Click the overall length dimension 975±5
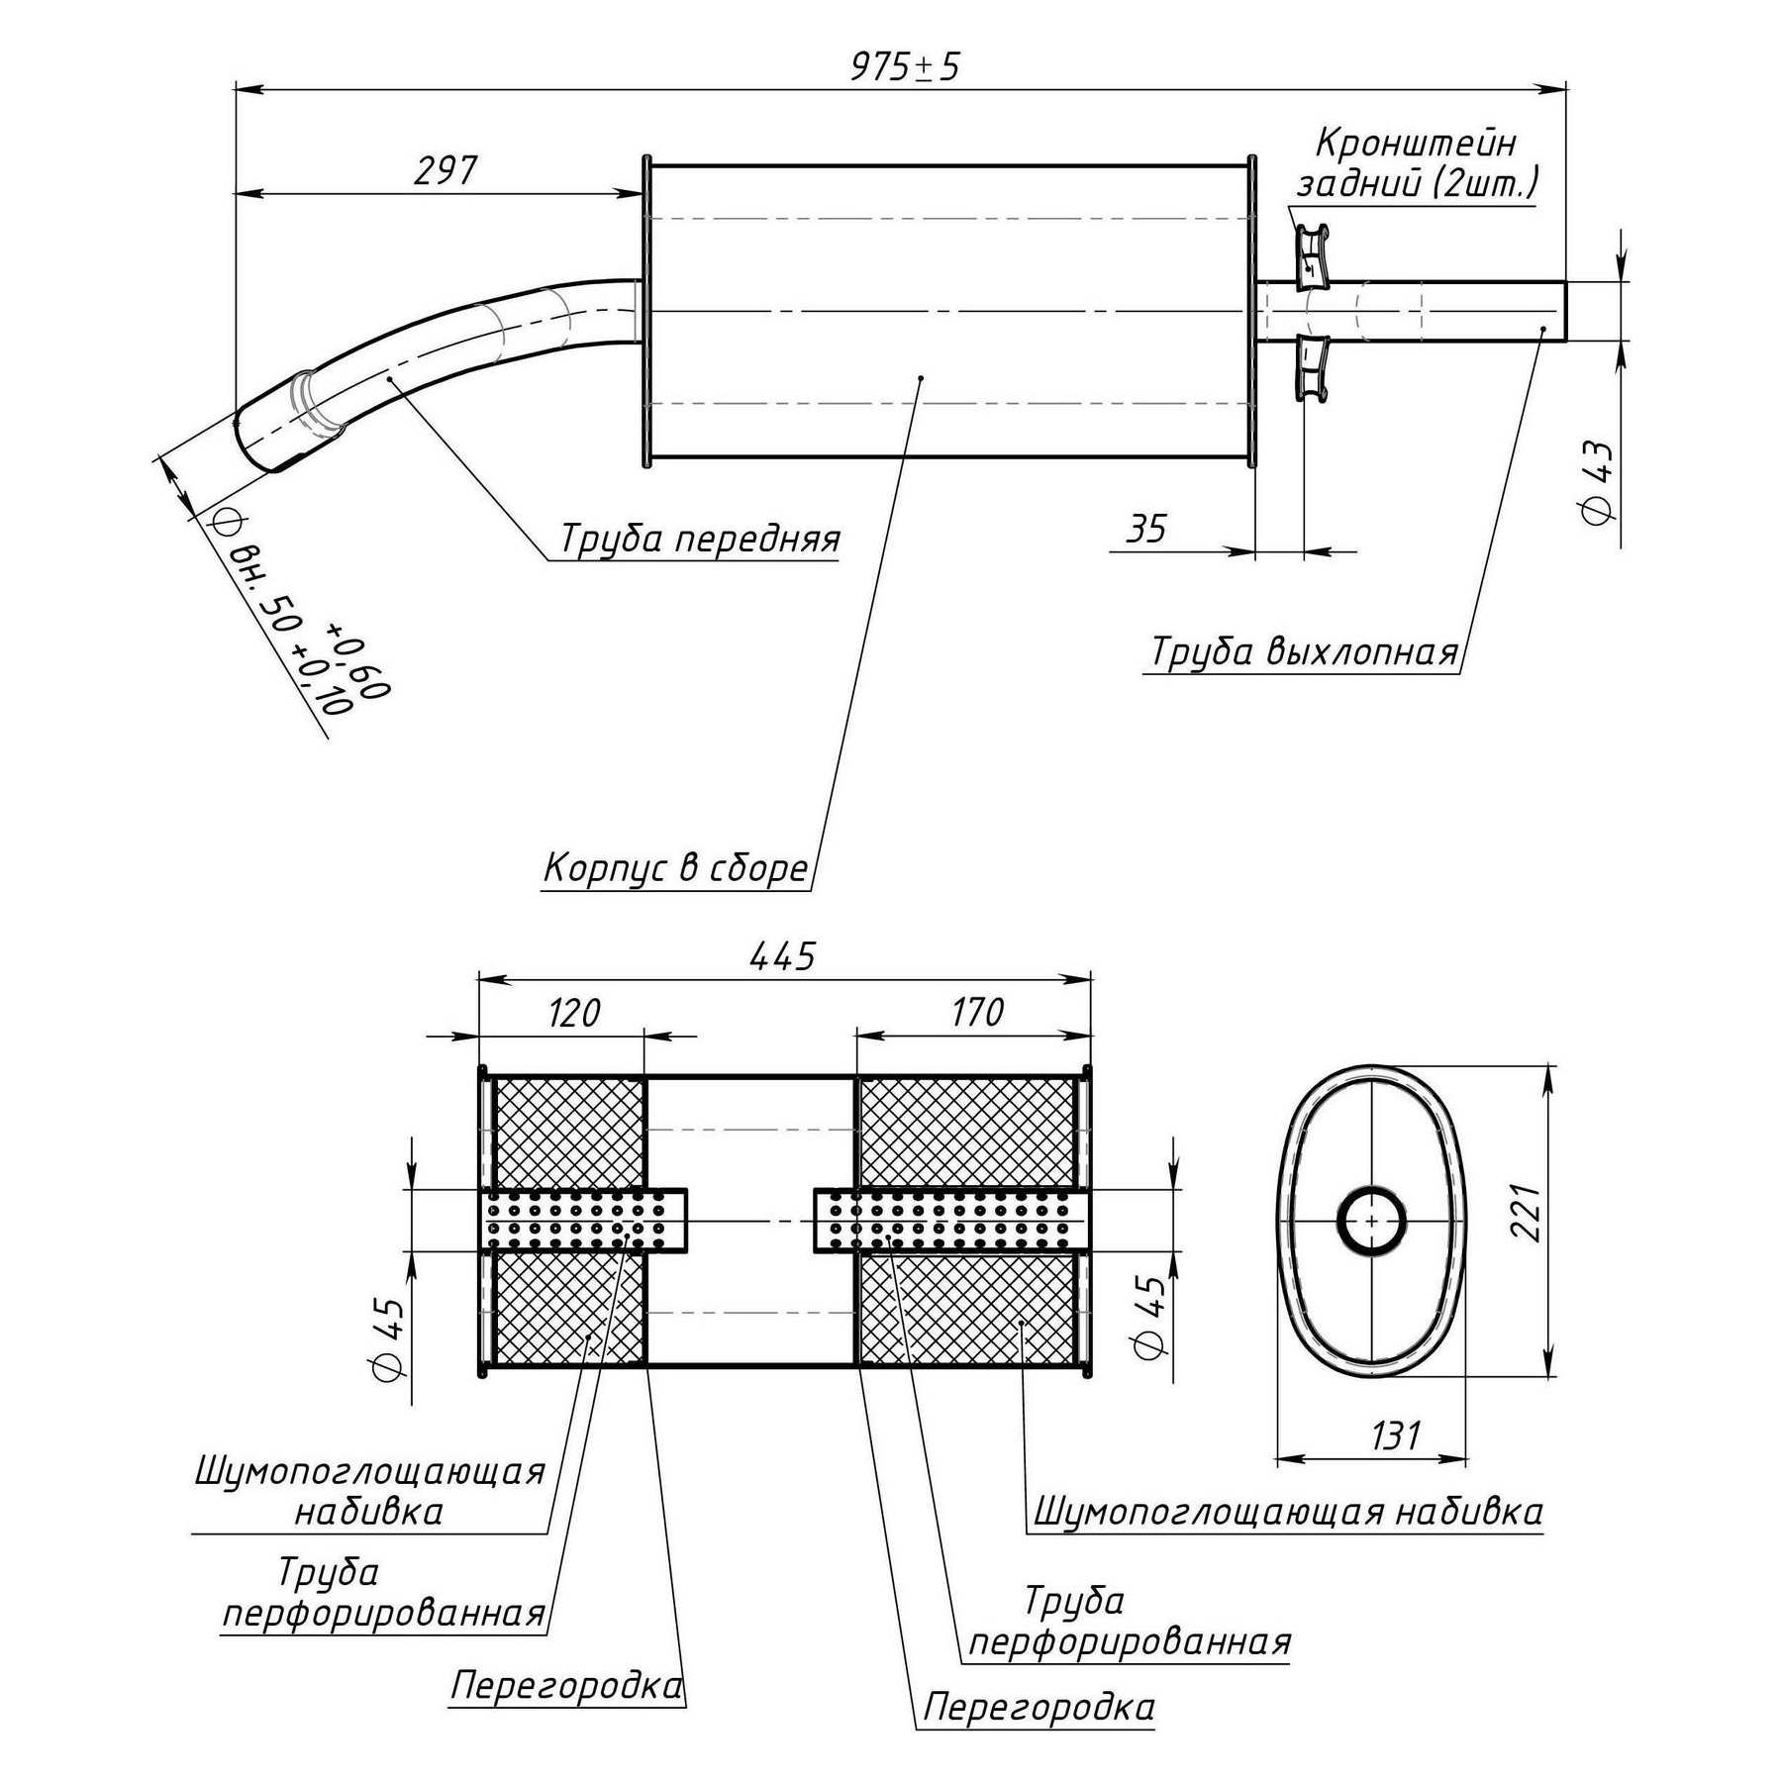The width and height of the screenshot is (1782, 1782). pos(905,67)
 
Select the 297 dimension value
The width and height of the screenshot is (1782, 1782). pos(445,171)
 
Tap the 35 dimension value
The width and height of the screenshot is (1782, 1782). pos(1146,530)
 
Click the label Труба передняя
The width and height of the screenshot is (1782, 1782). pos(700,540)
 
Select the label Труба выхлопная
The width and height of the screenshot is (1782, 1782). pos(1304,653)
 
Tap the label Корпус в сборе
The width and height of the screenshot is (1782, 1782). pos(676,868)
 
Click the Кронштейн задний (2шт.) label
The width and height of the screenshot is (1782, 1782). pos(1417,163)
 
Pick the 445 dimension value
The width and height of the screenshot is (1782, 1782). pos(782,956)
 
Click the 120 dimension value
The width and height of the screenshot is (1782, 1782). pos(574,1013)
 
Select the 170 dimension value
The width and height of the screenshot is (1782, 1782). pos(977,1013)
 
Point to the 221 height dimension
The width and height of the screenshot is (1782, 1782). pos(1526,1213)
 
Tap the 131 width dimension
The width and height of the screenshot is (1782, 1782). pos(1396,1435)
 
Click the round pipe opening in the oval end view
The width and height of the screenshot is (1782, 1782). pos(1371,1222)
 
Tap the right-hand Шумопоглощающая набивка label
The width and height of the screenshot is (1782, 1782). pos(1288,1512)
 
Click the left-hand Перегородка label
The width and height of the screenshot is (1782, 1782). pos(566,1686)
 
